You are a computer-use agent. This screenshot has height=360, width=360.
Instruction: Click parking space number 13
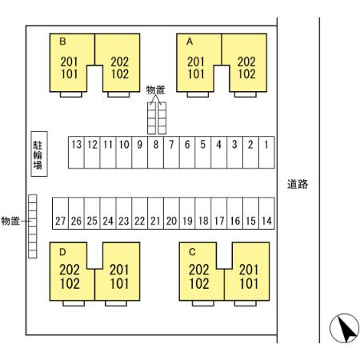click(x=76, y=153)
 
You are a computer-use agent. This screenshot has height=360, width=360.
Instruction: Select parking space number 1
click(x=266, y=153)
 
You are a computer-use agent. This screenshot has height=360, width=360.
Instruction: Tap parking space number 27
click(x=60, y=214)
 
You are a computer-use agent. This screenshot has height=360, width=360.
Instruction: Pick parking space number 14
click(x=266, y=214)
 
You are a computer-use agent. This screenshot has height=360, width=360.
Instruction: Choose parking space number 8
click(x=155, y=153)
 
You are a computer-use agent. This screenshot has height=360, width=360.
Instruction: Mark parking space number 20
click(x=171, y=214)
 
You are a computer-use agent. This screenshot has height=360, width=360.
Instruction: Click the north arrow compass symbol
click(x=344, y=328)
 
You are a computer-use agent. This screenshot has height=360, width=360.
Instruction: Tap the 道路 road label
click(x=298, y=184)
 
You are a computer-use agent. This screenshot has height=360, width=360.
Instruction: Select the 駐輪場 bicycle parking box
click(x=39, y=154)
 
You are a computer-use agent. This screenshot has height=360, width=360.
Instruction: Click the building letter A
click(x=190, y=42)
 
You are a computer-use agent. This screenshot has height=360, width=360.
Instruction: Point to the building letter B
click(x=62, y=42)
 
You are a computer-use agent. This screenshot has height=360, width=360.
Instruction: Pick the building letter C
click(x=192, y=252)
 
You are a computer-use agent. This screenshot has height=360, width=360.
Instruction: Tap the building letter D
click(x=62, y=252)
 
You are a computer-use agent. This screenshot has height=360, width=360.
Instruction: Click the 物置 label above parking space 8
click(x=156, y=90)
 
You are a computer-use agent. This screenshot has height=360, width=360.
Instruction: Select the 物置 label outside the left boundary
click(x=10, y=221)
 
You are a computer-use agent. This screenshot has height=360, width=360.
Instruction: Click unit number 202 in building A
click(x=246, y=62)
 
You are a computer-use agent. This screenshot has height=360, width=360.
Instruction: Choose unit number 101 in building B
click(x=69, y=74)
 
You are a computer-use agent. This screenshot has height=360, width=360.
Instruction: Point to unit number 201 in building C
click(x=249, y=270)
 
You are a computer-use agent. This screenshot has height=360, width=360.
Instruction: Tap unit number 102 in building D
click(x=70, y=284)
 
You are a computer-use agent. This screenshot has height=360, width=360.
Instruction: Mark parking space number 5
click(x=203, y=153)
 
